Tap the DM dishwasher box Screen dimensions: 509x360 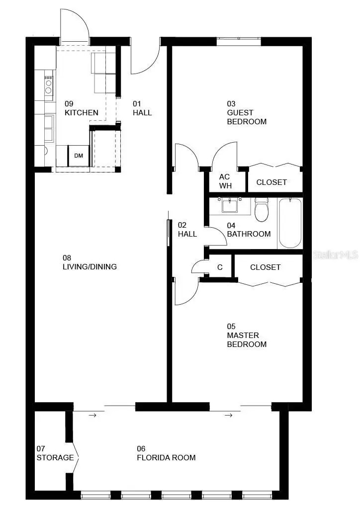coord(79,156)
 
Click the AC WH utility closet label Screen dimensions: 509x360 coord(225,181)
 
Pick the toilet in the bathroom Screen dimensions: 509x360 coord(262,210)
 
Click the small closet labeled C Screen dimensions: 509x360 coord(220,267)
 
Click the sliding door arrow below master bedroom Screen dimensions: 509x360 coord(228,415)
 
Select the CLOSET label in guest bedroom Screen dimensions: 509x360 coord(271,182)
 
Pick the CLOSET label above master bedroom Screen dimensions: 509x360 coord(265,267)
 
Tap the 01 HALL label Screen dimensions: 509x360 coord(142,108)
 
